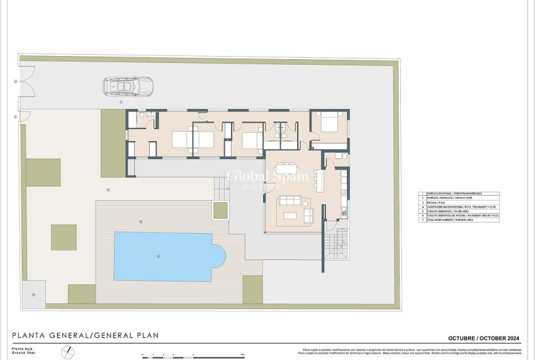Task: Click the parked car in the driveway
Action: click(128, 86)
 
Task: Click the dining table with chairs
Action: click(286, 169)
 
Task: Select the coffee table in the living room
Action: click(290, 216)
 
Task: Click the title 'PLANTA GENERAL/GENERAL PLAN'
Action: click(86, 335)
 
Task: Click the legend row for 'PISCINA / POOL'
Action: click(459, 202)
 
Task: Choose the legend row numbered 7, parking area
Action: click(459, 220)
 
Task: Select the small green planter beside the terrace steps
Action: click(220, 210)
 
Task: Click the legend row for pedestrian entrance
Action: click(459, 193)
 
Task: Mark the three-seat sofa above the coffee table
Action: click(291, 201)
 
